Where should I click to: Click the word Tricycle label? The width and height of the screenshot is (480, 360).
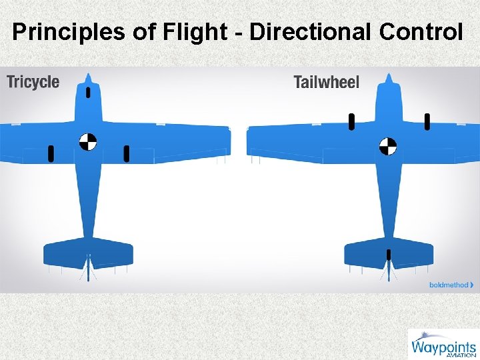(x=33, y=83)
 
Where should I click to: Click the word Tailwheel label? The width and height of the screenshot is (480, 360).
(x=326, y=83)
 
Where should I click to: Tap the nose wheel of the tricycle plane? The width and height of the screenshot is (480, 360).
(x=89, y=93)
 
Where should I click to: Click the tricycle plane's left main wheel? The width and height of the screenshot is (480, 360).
(x=51, y=154)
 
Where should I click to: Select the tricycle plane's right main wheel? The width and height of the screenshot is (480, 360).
(x=127, y=154)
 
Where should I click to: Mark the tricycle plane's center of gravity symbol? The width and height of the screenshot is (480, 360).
(x=88, y=141)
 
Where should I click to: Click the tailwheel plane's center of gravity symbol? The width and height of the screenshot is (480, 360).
(x=388, y=146)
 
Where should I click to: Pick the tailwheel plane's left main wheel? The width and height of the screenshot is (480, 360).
(x=351, y=121)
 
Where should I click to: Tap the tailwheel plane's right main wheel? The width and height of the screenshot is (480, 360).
(x=427, y=121)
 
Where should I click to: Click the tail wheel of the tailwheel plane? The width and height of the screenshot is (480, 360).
(x=389, y=254)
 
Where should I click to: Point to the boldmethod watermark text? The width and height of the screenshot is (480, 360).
(x=449, y=285)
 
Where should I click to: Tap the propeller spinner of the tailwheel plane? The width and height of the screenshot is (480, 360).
(x=389, y=77)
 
